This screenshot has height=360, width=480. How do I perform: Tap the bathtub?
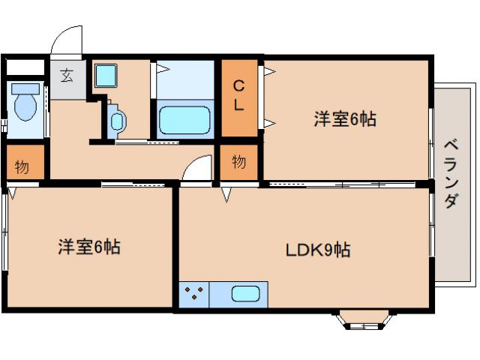[x=184, y=120]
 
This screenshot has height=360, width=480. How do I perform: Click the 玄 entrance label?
[x=67, y=76]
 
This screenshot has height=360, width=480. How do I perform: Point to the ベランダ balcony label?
[x=450, y=174]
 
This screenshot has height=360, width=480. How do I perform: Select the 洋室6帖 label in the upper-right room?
[x=344, y=119]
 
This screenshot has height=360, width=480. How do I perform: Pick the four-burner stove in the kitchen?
[x=194, y=293]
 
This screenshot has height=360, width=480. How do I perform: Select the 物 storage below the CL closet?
[x=238, y=162]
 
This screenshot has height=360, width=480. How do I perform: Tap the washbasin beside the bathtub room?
[x=118, y=119]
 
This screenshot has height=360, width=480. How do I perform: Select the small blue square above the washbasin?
[x=103, y=75]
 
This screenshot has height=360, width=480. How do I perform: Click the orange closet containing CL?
[x=238, y=98]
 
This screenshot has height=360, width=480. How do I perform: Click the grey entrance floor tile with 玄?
[x=67, y=78]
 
